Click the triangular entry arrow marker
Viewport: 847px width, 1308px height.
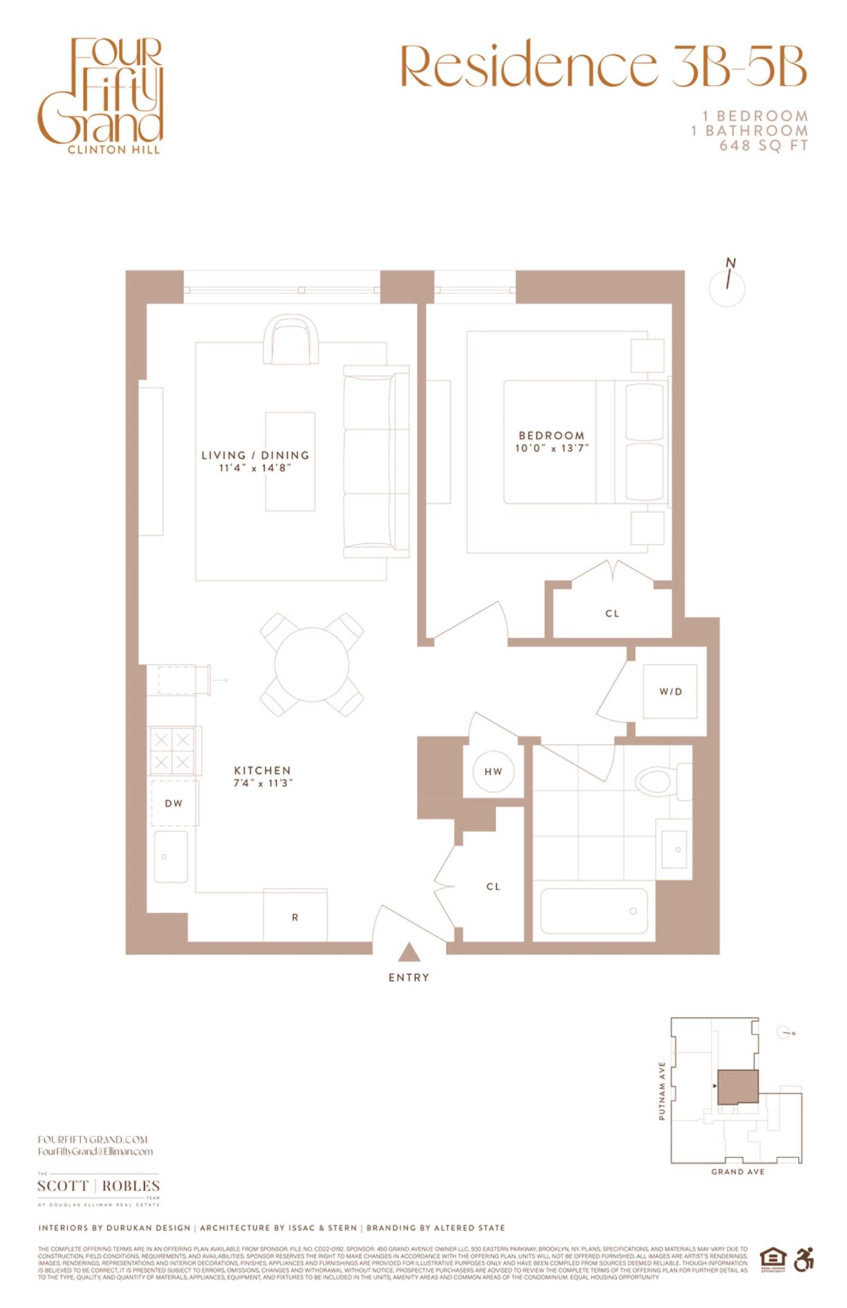click(x=409, y=953)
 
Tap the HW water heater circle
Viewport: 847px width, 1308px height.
click(x=493, y=771)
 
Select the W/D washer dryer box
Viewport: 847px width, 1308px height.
click(x=670, y=692)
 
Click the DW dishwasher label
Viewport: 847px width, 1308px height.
click(x=174, y=804)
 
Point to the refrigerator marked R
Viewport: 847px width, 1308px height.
click(x=295, y=917)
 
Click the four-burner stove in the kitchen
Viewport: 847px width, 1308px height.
click(x=173, y=751)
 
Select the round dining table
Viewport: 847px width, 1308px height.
click(x=312, y=664)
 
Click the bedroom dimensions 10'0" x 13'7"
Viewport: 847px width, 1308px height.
click(x=551, y=449)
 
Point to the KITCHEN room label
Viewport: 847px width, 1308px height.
click(x=262, y=770)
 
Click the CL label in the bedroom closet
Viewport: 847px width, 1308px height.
click(x=613, y=613)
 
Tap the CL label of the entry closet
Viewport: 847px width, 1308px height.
click(x=493, y=887)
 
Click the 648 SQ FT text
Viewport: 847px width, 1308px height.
click(x=763, y=146)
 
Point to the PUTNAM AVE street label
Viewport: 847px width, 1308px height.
click(x=662, y=1091)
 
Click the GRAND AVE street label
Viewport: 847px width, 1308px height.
click(x=737, y=1172)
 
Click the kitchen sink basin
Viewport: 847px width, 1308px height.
click(x=171, y=856)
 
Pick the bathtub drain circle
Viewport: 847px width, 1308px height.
click(x=633, y=911)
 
